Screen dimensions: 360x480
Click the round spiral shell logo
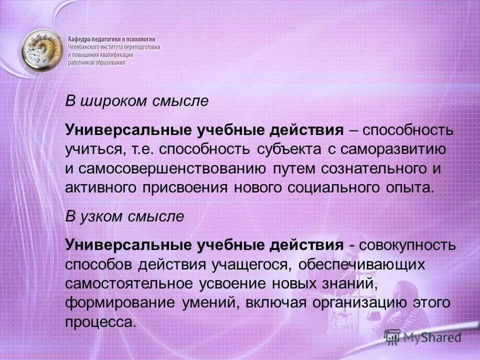coord(41,50)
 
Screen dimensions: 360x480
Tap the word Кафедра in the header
coord(81,38)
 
